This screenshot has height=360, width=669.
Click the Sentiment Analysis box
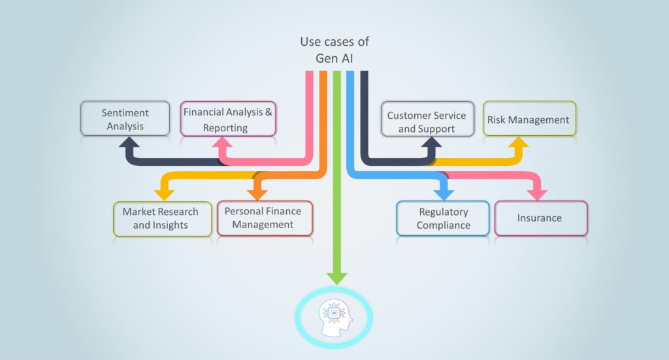point(125,118)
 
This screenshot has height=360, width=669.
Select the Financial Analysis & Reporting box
point(228,118)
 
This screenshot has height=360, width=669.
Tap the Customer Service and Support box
point(427,120)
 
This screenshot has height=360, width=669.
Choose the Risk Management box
point(529,119)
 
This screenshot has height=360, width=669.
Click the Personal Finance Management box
point(265,217)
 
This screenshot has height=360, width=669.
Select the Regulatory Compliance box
point(443,218)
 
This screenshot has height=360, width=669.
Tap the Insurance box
point(540,218)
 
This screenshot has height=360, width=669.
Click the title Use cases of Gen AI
point(334,49)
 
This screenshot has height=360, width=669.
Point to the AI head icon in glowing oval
point(334,316)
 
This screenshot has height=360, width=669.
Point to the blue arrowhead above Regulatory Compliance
point(445,193)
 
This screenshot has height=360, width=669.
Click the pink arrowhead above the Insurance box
point(538,193)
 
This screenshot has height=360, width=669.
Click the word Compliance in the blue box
point(443,225)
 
